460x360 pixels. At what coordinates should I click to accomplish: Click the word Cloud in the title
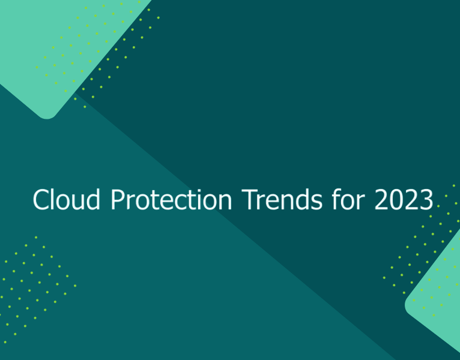point(68,200)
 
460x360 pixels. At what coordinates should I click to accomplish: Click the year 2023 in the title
point(403,200)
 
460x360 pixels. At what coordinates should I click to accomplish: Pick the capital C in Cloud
point(40,200)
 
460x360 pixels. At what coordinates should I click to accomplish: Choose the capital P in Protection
point(117,200)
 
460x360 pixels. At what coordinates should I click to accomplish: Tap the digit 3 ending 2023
point(425,200)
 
